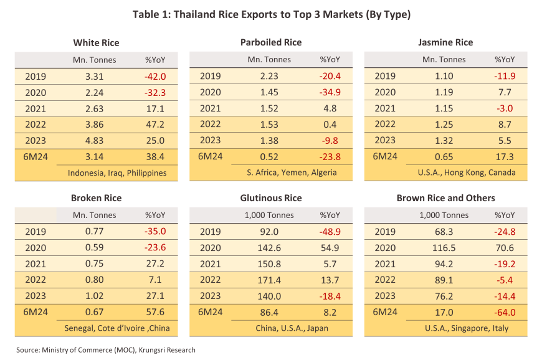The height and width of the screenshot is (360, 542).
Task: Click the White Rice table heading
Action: pyautogui.click(x=96, y=43)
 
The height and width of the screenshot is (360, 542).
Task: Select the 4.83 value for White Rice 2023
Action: pyautogui.click(x=95, y=141)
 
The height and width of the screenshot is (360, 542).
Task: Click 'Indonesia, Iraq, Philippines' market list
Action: pyautogui.click(x=117, y=173)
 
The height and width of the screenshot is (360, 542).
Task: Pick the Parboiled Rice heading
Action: pyautogui.click(x=271, y=42)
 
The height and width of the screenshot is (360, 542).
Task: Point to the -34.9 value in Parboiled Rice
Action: pyautogui.click(x=330, y=93)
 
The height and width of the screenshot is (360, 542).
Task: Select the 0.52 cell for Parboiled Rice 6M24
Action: pyautogui.click(x=270, y=156)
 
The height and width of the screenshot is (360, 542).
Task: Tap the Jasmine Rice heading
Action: pyautogui.click(x=445, y=42)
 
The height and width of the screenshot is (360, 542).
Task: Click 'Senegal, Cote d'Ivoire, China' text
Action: pyautogui.click(x=117, y=328)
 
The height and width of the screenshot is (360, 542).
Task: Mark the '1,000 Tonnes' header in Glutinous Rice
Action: pyautogui.click(x=270, y=216)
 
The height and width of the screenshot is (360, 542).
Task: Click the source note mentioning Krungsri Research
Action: pyautogui.click(x=106, y=350)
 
